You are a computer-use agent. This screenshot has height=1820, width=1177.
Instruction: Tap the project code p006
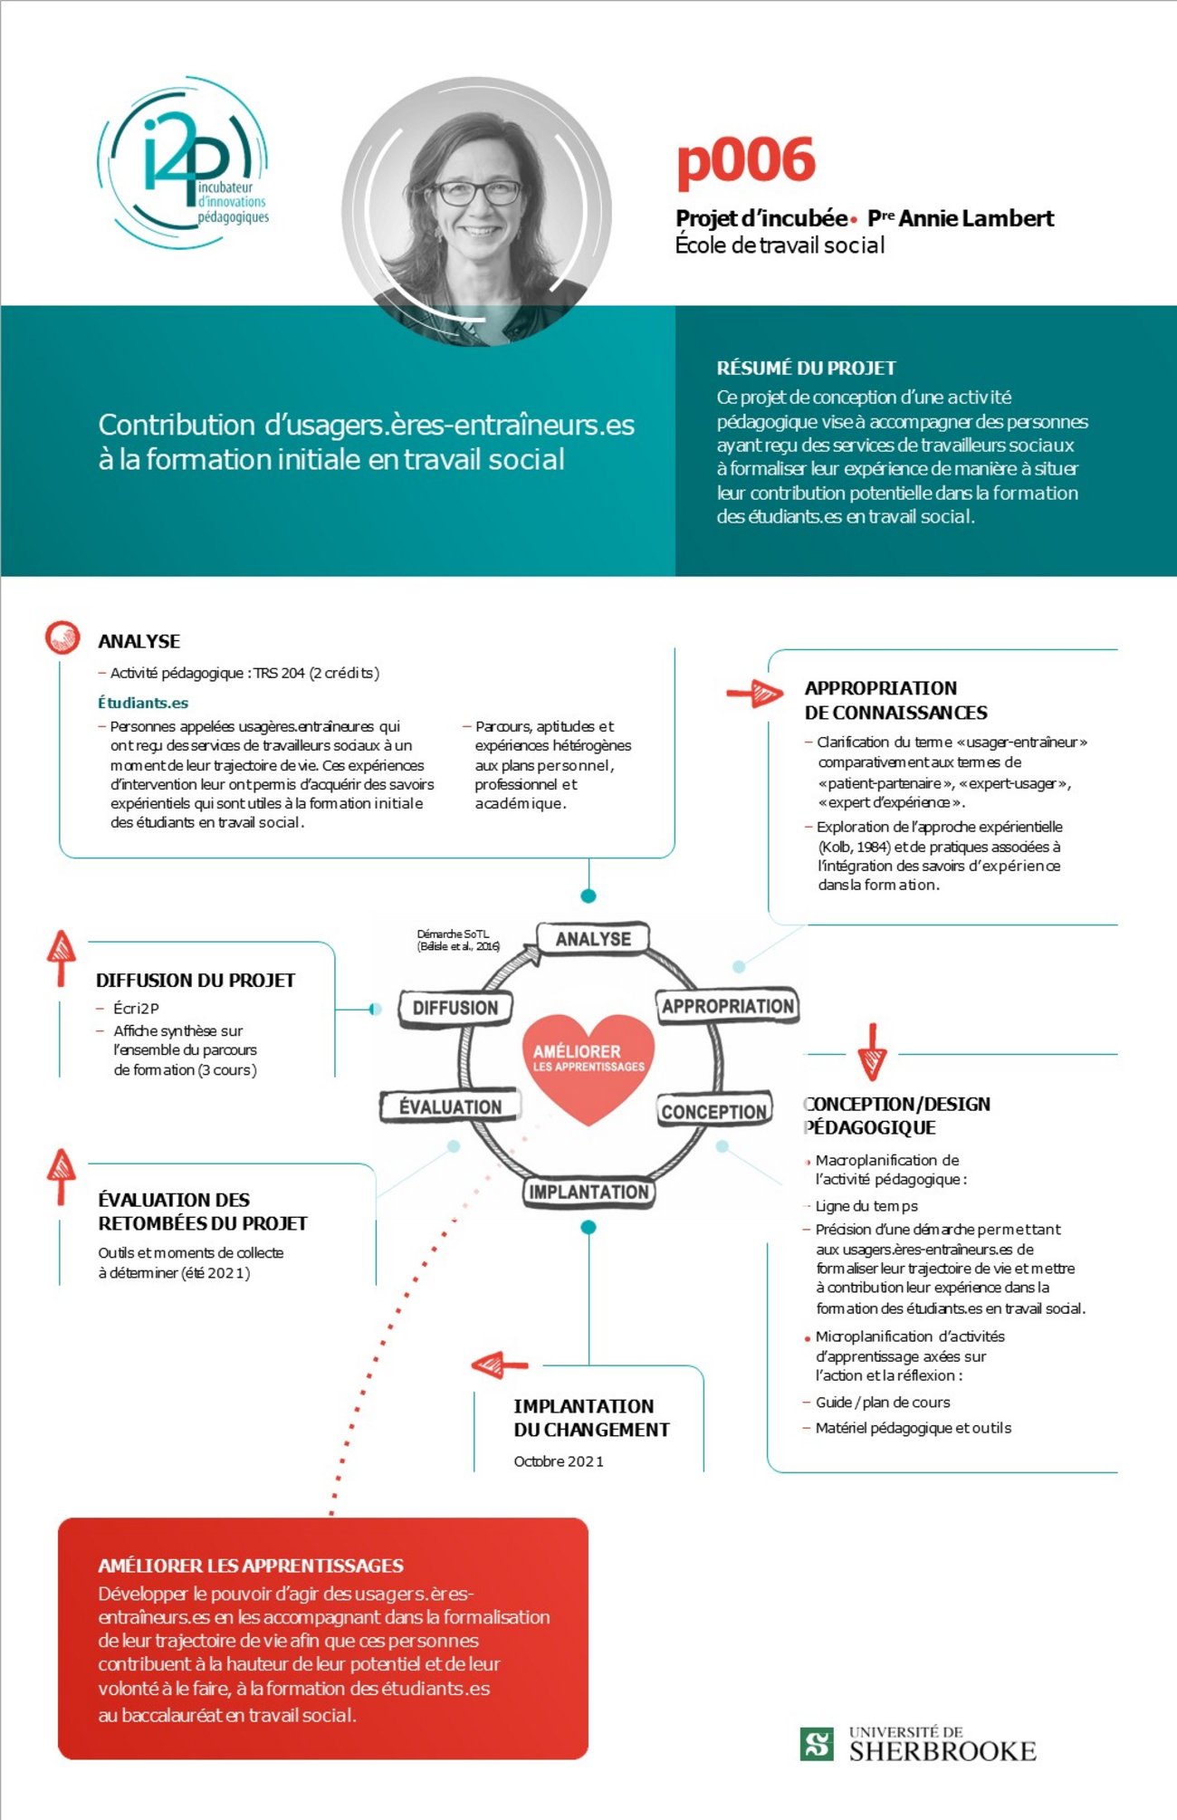pos(746,161)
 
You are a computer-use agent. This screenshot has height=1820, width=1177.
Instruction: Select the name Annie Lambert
pos(976,218)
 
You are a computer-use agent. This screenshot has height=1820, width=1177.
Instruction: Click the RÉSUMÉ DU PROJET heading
pos(806,368)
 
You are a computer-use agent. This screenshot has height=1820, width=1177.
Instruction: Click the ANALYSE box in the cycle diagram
pos(593,939)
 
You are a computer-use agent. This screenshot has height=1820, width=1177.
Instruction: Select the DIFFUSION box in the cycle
pos(455,1008)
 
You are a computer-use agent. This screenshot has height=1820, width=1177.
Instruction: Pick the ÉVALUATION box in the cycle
pos(450,1106)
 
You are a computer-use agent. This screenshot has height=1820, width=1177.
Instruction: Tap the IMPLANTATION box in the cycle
pos(588,1192)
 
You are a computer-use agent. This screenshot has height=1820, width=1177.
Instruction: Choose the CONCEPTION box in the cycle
pos(714,1111)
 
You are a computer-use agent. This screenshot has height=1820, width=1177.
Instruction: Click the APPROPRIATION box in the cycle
pos(727,1006)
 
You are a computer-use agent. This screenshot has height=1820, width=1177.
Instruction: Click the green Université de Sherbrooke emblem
pos(818,1744)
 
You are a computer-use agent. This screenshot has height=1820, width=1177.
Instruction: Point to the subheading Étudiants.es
pos(143,703)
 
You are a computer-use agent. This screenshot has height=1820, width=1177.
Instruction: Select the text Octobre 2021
pos(559,1461)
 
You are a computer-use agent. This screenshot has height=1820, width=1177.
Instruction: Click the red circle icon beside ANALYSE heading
pos(63,637)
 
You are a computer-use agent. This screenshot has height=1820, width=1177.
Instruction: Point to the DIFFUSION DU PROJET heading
pos(196,980)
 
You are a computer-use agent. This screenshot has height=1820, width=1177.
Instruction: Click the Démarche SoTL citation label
pos(458,940)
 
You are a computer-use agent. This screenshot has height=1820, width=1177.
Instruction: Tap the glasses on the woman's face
pos(477,192)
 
